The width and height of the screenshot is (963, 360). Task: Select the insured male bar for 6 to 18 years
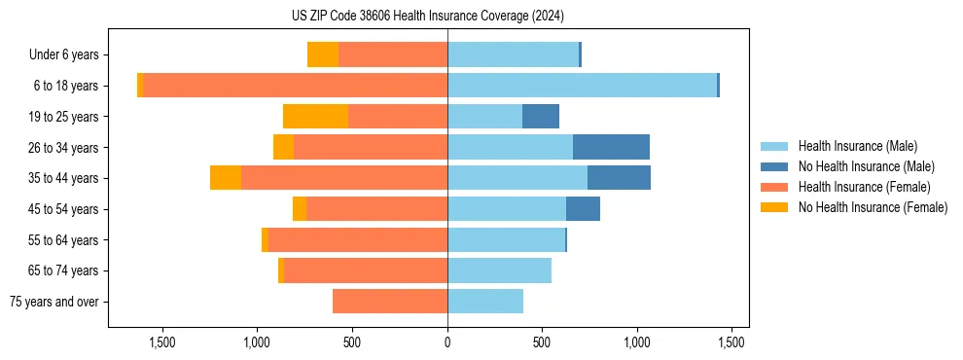point(582,86)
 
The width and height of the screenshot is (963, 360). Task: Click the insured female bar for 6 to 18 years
point(296,86)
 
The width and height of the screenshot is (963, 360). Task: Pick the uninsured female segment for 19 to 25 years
point(315,117)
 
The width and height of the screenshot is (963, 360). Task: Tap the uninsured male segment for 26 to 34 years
point(611,147)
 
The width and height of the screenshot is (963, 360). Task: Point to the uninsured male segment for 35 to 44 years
point(619,178)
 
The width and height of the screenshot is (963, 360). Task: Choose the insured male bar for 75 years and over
point(485,302)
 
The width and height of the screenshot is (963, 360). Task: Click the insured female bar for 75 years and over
point(390,302)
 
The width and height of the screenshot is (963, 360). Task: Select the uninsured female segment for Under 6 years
point(323,54)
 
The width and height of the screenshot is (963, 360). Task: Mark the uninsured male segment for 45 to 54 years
point(583,209)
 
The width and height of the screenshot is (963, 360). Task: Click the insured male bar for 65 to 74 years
point(499,270)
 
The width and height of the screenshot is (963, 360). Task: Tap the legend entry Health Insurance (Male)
point(857,146)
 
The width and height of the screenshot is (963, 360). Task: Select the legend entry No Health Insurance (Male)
point(865,166)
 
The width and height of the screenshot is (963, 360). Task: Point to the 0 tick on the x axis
point(447,342)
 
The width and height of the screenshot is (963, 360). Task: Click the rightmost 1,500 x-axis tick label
point(731,342)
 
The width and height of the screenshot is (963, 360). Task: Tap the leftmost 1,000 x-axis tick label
point(257,342)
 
